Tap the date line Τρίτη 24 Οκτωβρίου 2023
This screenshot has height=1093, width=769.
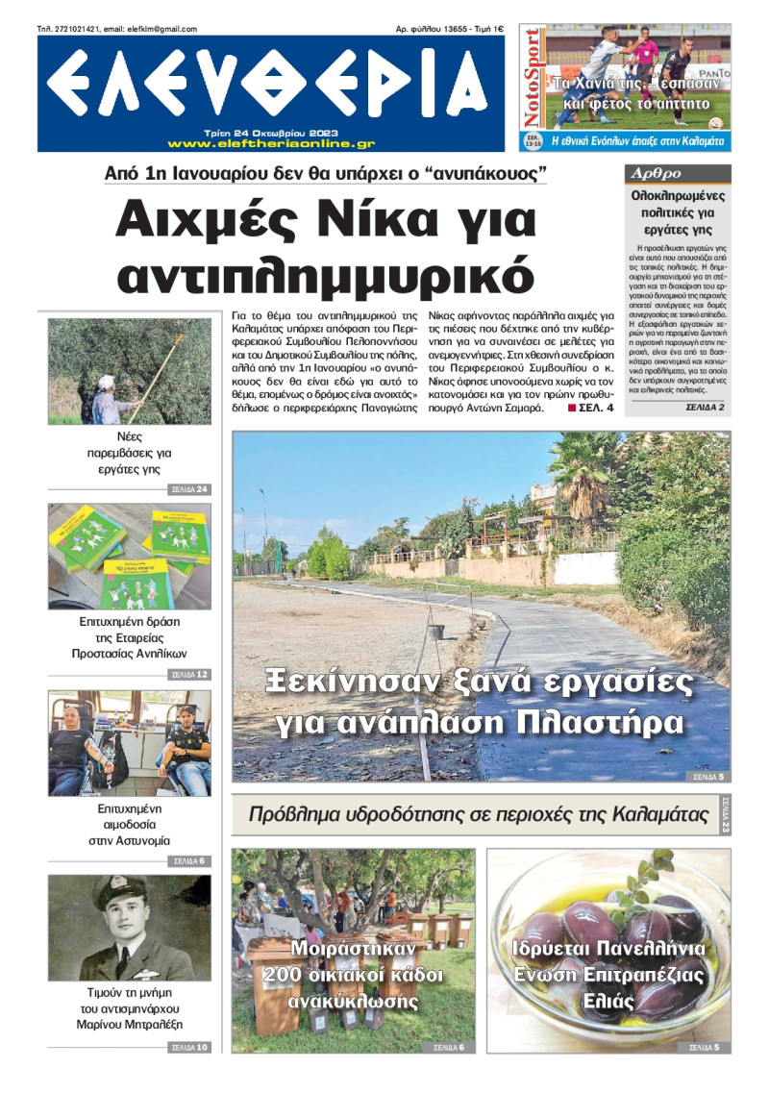270,133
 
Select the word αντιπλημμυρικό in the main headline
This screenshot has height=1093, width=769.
324,273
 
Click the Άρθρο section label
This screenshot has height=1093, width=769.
654,174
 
